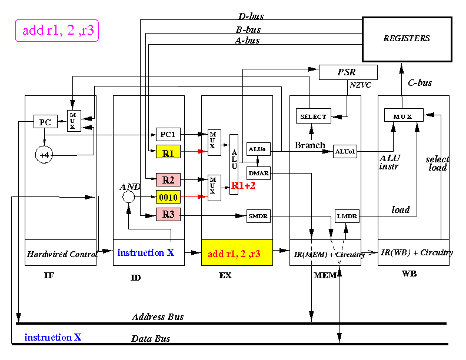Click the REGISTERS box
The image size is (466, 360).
click(x=407, y=39)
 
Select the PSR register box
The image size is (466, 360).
click(x=348, y=72)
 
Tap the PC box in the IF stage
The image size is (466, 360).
click(x=45, y=122)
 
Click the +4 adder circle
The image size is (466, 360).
click(x=44, y=155)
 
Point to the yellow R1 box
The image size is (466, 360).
click(x=168, y=152)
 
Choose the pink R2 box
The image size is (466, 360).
click(x=168, y=179)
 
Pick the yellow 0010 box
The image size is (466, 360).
click(x=168, y=197)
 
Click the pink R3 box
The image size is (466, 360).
click(x=168, y=214)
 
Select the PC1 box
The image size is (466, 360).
click(x=168, y=134)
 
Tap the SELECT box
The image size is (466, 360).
click(x=314, y=116)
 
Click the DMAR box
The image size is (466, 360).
click(x=258, y=173)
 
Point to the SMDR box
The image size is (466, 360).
click(x=258, y=216)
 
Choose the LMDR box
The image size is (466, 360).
click(x=347, y=216)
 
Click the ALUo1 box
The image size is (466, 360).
click(x=345, y=152)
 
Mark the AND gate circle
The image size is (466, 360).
click(x=128, y=196)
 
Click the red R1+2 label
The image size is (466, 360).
click(x=243, y=186)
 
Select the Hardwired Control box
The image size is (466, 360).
click(x=61, y=253)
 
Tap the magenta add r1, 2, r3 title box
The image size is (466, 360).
click(x=57, y=31)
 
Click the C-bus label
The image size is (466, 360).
click(x=420, y=82)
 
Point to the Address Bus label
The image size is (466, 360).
click(x=158, y=317)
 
